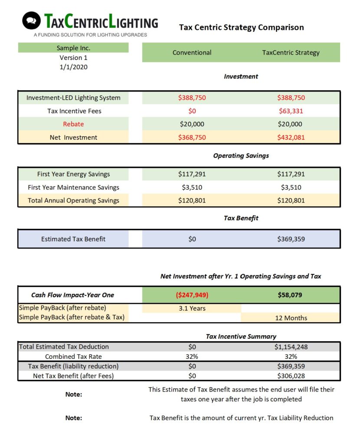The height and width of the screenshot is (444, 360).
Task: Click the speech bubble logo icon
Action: click(x=31, y=20)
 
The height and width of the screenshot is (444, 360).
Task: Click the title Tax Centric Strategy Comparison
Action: click(x=241, y=27)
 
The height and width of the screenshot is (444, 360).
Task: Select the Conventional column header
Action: click(x=192, y=52)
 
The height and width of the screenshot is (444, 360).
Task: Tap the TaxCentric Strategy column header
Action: click(x=291, y=52)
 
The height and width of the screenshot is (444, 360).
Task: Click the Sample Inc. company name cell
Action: click(x=73, y=48)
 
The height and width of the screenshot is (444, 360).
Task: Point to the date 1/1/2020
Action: click(x=73, y=67)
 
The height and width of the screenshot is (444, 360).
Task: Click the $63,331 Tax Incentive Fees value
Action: click(x=291, y=111)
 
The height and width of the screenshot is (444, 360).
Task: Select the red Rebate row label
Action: click(x=73, y=124)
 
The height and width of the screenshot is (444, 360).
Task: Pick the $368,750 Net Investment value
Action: click(x=192, y=137)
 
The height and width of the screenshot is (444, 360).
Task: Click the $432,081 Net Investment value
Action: click(x=291, y=137)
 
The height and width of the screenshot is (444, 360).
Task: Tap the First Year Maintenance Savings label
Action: click(x=73, y=187)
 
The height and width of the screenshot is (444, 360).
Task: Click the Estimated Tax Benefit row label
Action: click(x=73, y=239)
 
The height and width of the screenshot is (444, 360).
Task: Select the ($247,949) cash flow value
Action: click(x=192, y=295)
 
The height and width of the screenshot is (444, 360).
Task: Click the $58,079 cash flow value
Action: click(x=291, y=295)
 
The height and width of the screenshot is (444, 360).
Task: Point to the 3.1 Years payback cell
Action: click(x=192, y=308)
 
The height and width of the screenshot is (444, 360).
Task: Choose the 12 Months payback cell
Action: click(x=291, y=318)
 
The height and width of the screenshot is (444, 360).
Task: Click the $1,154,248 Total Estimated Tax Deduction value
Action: click(x=291, y=347)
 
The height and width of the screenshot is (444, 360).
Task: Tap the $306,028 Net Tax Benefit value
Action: click(x=291, y=376)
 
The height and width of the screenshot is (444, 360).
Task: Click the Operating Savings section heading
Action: click(x=241, y=156)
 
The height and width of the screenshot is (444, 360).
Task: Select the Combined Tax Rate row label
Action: click(x=73, y=356)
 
